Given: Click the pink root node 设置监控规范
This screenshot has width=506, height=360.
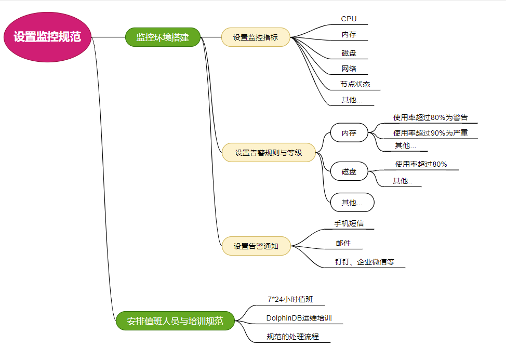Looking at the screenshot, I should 47,37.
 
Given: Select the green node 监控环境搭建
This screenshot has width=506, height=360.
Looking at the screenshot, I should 163,37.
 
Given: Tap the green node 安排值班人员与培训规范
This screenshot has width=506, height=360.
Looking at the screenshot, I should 175,321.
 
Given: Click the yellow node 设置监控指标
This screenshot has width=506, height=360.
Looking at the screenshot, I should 255,37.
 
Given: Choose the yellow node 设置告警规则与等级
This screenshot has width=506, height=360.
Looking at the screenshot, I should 268,153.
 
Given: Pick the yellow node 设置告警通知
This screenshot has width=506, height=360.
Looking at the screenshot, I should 256,246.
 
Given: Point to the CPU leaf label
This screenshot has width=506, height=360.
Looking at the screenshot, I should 349,19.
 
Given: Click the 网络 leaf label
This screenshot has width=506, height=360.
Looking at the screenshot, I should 349,69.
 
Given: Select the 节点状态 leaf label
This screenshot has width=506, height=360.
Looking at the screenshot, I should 355,84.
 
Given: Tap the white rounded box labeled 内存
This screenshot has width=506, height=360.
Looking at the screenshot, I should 349,133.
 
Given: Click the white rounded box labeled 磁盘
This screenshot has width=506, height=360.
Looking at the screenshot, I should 349,171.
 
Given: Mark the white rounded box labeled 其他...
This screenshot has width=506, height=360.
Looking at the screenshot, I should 352,203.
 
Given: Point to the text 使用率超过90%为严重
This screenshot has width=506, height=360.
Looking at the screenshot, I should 431,133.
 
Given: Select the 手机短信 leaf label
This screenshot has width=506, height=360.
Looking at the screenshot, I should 349,223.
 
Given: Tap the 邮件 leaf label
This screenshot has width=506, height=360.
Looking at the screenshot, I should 343,243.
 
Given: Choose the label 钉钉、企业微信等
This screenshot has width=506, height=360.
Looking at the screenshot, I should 364,262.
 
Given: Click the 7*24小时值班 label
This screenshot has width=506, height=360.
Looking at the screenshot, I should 290,299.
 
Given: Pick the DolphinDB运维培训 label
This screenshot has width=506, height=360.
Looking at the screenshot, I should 299,318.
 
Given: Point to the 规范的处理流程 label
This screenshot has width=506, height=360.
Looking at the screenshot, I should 292,337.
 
